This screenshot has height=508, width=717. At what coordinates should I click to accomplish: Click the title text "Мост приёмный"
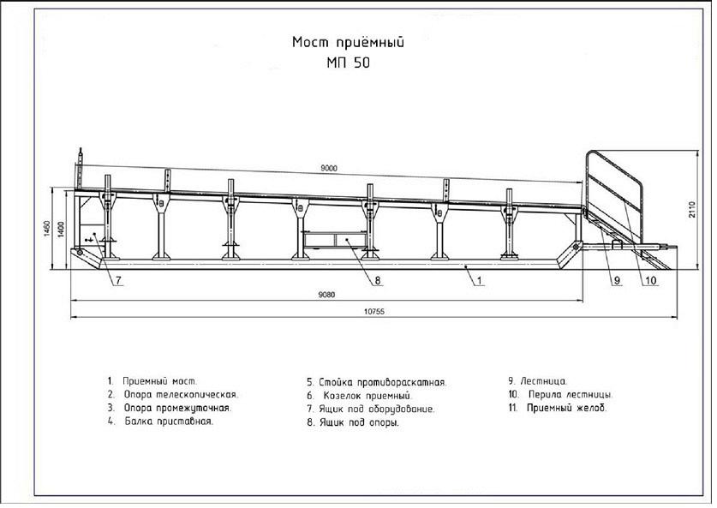click(348, 43)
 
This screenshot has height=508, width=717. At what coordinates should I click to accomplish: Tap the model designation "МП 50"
click(348, 63)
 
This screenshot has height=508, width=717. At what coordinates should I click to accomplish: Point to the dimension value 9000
click(329, 168)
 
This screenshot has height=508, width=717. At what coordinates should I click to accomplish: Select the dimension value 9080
click(326, 295)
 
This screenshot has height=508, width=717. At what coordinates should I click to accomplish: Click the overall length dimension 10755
click(374, 312)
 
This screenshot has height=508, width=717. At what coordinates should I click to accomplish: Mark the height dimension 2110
click(692, 209)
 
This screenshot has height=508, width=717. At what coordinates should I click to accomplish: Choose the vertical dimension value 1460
click(47, 227)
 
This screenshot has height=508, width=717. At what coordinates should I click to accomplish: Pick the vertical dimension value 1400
click(62, 229)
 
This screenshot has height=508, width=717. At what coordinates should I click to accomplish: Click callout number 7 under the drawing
click(118, 280)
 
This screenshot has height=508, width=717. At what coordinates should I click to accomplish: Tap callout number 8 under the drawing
click(378, 280)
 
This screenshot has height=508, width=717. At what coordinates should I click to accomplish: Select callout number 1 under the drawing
click(479, 280)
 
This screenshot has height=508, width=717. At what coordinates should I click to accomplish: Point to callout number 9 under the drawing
click(617, 280)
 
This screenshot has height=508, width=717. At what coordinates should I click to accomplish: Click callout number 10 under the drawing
click(650, 280)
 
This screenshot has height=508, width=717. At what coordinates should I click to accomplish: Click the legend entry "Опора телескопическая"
click(181, 395)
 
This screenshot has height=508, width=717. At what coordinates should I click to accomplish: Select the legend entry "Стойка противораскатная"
click(382, 382)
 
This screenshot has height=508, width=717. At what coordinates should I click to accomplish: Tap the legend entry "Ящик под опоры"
click(359, 422)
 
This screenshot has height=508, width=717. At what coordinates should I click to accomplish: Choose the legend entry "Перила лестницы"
click(571, 395)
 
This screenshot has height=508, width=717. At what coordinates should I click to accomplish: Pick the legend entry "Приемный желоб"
click(566, 408)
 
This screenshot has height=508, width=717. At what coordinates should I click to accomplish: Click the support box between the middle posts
click(334, 240)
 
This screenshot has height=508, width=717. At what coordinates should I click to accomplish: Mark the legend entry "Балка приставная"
click(169, 421)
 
